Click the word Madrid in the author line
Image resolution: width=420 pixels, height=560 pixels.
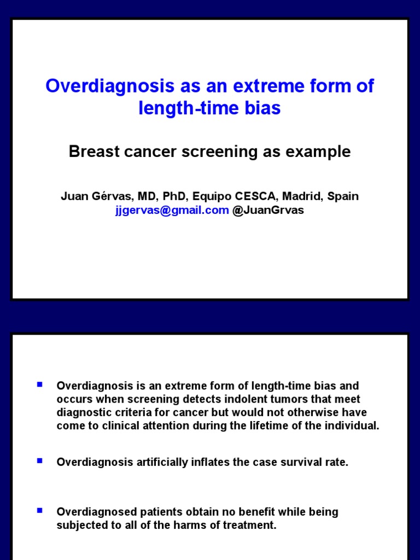[x=300, y=196]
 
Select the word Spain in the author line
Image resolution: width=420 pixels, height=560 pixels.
[x=343, y=196]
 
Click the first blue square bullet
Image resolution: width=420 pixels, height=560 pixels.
[x=39, y=385]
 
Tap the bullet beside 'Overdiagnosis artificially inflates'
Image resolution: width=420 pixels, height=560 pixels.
[x=39, y=460]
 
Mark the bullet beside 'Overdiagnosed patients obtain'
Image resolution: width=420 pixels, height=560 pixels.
[x=39, y=511]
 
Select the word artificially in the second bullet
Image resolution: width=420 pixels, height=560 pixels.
[x=161, y=462]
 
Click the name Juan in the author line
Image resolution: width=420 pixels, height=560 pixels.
[x=73, y=196]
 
